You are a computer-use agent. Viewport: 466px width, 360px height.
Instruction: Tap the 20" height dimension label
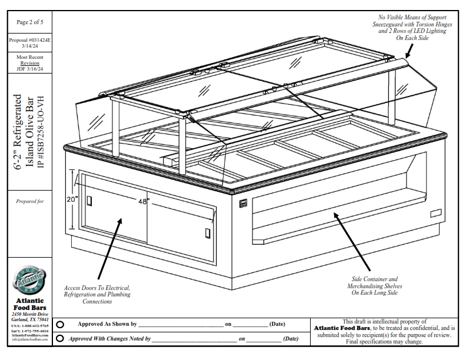[x=72, y=199]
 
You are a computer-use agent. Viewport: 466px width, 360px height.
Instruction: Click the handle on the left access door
[x=89, y=201]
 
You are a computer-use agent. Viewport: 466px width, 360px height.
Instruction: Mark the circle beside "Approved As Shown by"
[x=61, y=324]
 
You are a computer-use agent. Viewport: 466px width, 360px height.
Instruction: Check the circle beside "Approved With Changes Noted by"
[x=61, y=338]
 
